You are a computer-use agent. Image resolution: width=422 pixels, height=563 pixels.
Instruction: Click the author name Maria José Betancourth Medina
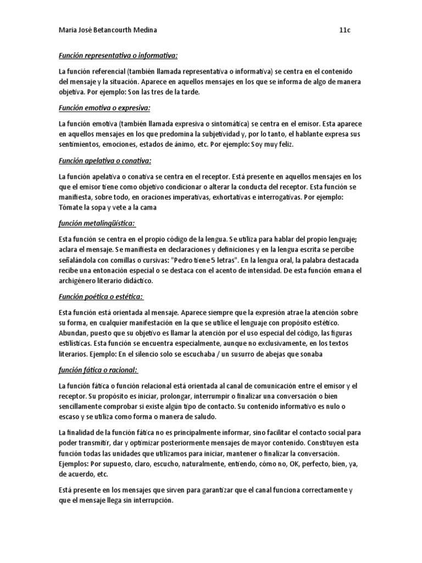pyautogui.click(x=107, y=30)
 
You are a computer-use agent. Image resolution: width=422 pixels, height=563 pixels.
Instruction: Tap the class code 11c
pyautogui.click(x=345, y=30)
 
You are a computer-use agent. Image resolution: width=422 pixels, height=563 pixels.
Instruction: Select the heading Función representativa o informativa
pyautogui.click(x=118, y=56)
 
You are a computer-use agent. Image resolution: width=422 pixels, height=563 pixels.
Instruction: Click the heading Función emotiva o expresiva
pyautogui.click(x=104, y=108)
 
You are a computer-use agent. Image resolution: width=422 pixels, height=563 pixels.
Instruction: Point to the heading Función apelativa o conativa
pyautogui.click(x=105, y=161)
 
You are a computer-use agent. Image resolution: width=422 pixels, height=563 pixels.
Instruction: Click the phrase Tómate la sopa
pyautogui.click(x=85, y=208)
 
